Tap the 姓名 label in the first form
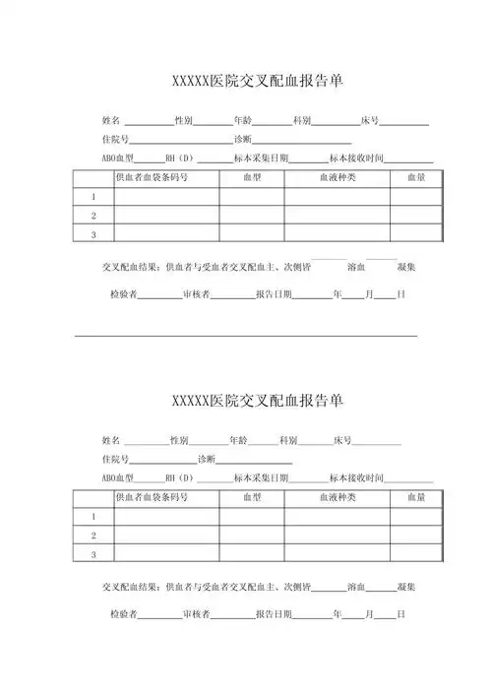click(x=111, y=120)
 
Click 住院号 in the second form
click(x=115, y=460)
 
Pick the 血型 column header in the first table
click(x=252, y=177)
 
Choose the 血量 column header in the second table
click(x=415, y=498)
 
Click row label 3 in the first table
click(x=93, y=234)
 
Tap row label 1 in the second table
click(x=93, y=517)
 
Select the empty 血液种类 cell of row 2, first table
click(x=337, y=215)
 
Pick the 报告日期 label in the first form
click(x=273, y=294)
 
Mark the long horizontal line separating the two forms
click(x=246, y=337)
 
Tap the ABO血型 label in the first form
click(x=117, y=158)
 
